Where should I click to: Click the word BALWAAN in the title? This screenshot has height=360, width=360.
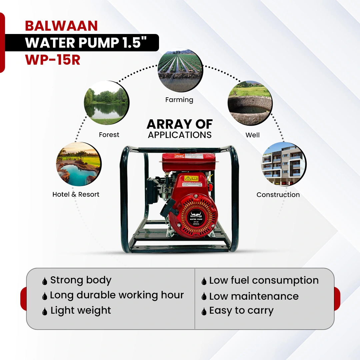pos(61,26)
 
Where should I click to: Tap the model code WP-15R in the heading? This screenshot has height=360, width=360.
pos(53,60)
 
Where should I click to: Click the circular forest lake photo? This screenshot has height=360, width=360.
pos(106,103)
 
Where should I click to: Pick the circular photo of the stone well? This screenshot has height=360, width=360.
pos(250,103)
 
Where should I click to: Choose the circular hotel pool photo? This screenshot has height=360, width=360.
pos(79,164)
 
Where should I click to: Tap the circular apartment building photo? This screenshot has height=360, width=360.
pos(283,164)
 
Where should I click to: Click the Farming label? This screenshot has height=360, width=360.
pos(179,100)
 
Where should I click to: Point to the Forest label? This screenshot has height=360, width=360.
pos(109,135)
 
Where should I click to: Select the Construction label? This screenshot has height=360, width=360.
pos(278,195)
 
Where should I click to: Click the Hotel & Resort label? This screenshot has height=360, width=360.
pos(76,194)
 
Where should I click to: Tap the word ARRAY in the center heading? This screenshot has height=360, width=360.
pos(164,124)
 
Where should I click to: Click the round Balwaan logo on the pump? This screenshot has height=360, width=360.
pos(196,213)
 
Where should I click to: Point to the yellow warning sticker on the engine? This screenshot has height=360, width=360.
pos(191,179)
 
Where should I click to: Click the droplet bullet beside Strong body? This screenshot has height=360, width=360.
pos(45,281)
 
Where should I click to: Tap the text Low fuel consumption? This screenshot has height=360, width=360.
pos(264,280)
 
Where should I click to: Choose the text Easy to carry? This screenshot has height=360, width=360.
pos(241,311)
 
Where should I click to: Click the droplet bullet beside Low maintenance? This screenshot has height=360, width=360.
pos(204,296)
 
